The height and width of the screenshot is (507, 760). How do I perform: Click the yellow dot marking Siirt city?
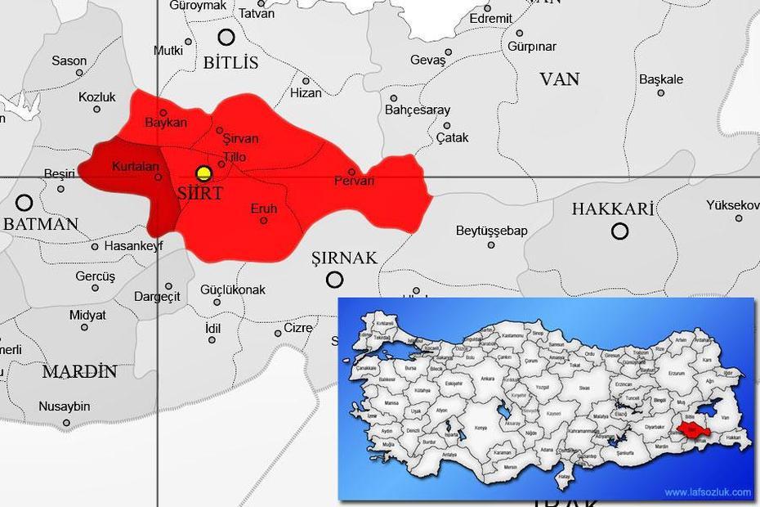pyautogui.click(x=204, y=173)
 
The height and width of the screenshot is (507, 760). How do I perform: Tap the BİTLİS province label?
pyautogui.click(x=230, y=63)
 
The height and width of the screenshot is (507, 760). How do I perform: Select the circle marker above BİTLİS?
pyautogui.click(x=226, y=37)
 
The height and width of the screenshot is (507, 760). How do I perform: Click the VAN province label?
pyautogui.click(x=560, y=79)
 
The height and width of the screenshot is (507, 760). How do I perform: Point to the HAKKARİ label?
pyautogui.click(x=613, y=209)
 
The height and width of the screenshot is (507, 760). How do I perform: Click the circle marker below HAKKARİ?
pyautogui.click(x=620, y=231)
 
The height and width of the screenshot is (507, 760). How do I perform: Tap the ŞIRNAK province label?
pyautogui.click(x=345, y=258)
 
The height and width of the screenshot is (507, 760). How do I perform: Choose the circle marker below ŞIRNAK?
pyautogui.click(x=334, y=280)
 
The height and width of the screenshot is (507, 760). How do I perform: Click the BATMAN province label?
pyautogui.click(x=41, y=224)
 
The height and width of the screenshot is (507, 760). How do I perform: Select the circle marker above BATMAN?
pyautogui.click(x=25, y=203)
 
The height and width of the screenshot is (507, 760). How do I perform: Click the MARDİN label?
pyautogui.click(x=79, y=372)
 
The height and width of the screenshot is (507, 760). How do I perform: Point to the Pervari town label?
pyautogui.click(x=354, y=181)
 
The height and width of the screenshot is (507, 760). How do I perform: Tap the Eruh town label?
pyautogui.click(x=263, y=209)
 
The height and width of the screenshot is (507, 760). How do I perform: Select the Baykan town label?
pyautogui.click(x=166, y=123)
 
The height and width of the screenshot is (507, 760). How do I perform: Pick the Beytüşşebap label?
pyautogui.click(x=492, y=231)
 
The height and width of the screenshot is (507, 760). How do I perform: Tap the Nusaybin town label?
pyautogui.click(x=65, y=406)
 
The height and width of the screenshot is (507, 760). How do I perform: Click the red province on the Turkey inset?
pyautogui.click(x=689, y=428)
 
